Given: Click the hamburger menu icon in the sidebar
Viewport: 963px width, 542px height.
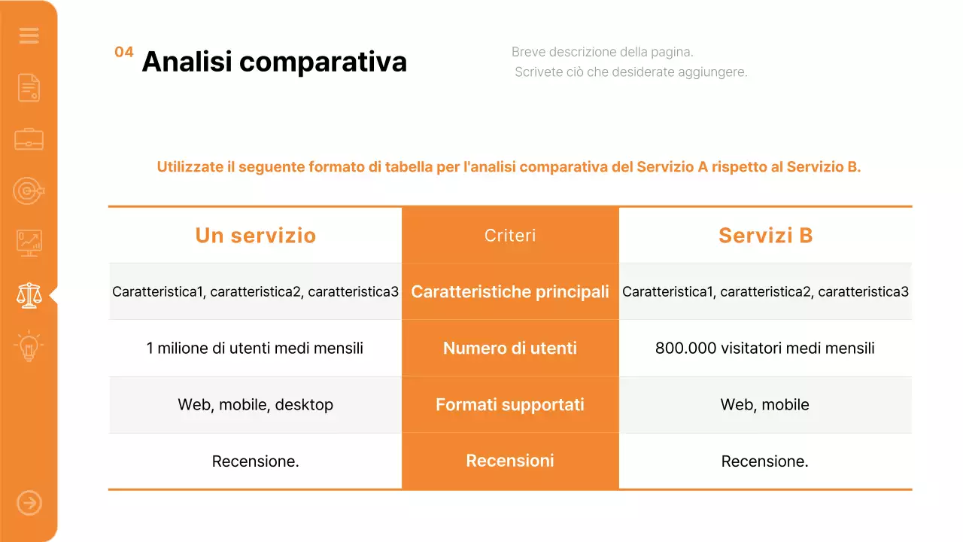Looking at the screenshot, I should click(x=29, y=35).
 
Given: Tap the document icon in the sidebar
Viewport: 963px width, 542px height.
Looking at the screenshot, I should click(x=29, y=87).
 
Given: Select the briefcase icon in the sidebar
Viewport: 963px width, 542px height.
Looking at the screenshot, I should click(x=29, y=139).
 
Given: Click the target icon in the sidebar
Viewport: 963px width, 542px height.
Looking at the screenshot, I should click(x=29, y=191).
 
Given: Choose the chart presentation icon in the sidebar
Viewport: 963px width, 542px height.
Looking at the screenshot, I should click(x=29, y=243).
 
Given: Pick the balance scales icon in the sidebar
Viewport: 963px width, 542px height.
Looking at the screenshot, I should click(x=29, y=295).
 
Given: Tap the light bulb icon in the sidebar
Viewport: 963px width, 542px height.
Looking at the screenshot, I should click(x=29, y=347).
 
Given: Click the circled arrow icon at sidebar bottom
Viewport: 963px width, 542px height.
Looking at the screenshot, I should click(x=29, y=503).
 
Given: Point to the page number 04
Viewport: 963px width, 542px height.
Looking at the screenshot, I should click(x=124, y=52).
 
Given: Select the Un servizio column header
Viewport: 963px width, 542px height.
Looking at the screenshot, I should click(x=255, y=236).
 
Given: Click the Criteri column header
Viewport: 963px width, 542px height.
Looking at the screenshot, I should click(x=510, y=236).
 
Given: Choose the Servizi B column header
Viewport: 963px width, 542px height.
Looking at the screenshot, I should click(x=765, y=236).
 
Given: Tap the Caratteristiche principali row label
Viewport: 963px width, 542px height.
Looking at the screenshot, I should click(x=510, y=292).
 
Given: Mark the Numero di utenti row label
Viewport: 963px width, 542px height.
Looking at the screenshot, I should click(x=510, y=349).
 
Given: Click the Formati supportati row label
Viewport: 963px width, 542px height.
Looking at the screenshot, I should click(x=510, y=405).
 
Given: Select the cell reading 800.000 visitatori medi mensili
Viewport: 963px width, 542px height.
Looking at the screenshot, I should click(x=765, y=349).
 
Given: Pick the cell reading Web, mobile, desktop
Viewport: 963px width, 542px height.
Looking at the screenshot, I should click(x=255, y=405).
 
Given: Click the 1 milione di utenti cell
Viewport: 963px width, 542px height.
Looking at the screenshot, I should click(x=255, y=349).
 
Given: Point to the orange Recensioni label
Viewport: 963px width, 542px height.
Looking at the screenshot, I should click(x=510, y=461).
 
